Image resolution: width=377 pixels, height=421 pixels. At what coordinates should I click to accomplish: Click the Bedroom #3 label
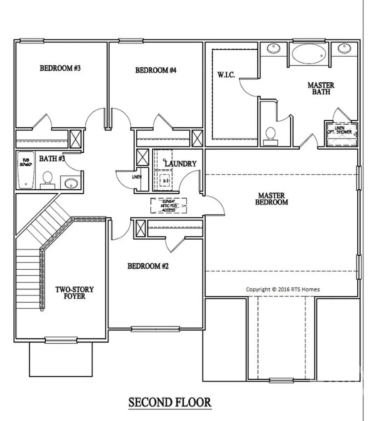pyautogui.click(x=60, y=68)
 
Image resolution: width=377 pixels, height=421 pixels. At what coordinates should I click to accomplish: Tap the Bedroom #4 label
pyautogui.click(x=156, y=70)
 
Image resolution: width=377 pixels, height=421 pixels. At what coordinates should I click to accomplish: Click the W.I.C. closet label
pyautogui.click(x=226, y=75)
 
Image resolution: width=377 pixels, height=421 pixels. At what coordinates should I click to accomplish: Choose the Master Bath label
pyautogui.click(x=321, y=88)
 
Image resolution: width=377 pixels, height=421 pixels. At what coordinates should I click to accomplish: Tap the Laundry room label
pyautogui.click(x=181, y=164)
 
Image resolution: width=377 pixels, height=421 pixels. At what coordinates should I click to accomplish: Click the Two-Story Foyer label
pyautogui.click(x=74, y=292)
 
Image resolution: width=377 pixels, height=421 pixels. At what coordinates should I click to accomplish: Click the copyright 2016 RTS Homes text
pyautogui.click(x=283, y=289)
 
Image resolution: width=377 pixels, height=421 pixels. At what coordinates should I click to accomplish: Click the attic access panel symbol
pyautogui.click(x=169, y=205)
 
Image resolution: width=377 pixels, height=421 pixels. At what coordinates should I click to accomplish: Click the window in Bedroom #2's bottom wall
pyautogui.click(x=155, y=329)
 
